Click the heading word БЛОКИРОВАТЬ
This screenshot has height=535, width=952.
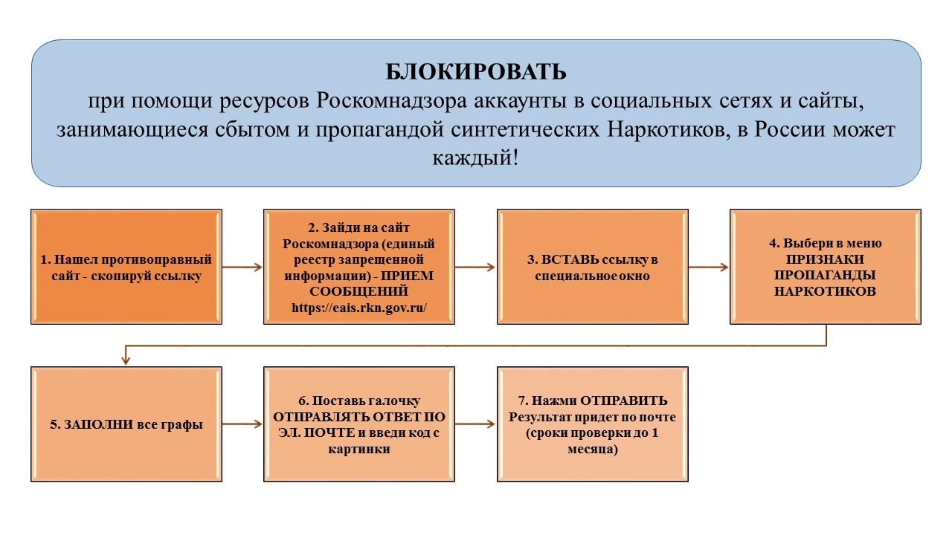[476, 71]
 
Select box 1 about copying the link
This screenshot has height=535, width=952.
[126, 267]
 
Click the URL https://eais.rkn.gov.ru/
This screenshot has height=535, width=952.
[358, 308]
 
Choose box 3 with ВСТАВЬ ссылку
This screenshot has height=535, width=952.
[592, 267]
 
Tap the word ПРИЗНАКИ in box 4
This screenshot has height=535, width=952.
[825, 259]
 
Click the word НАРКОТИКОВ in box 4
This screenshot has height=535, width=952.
[825, 291]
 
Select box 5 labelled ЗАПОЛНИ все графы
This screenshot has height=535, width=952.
[126, 425]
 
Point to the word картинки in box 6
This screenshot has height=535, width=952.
[358, 449]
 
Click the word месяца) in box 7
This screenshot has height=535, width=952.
[592, 449]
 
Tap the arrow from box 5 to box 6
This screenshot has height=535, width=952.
[242, 424]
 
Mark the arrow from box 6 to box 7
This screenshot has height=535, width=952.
[475, 424]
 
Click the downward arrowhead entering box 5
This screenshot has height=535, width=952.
[126, 360]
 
